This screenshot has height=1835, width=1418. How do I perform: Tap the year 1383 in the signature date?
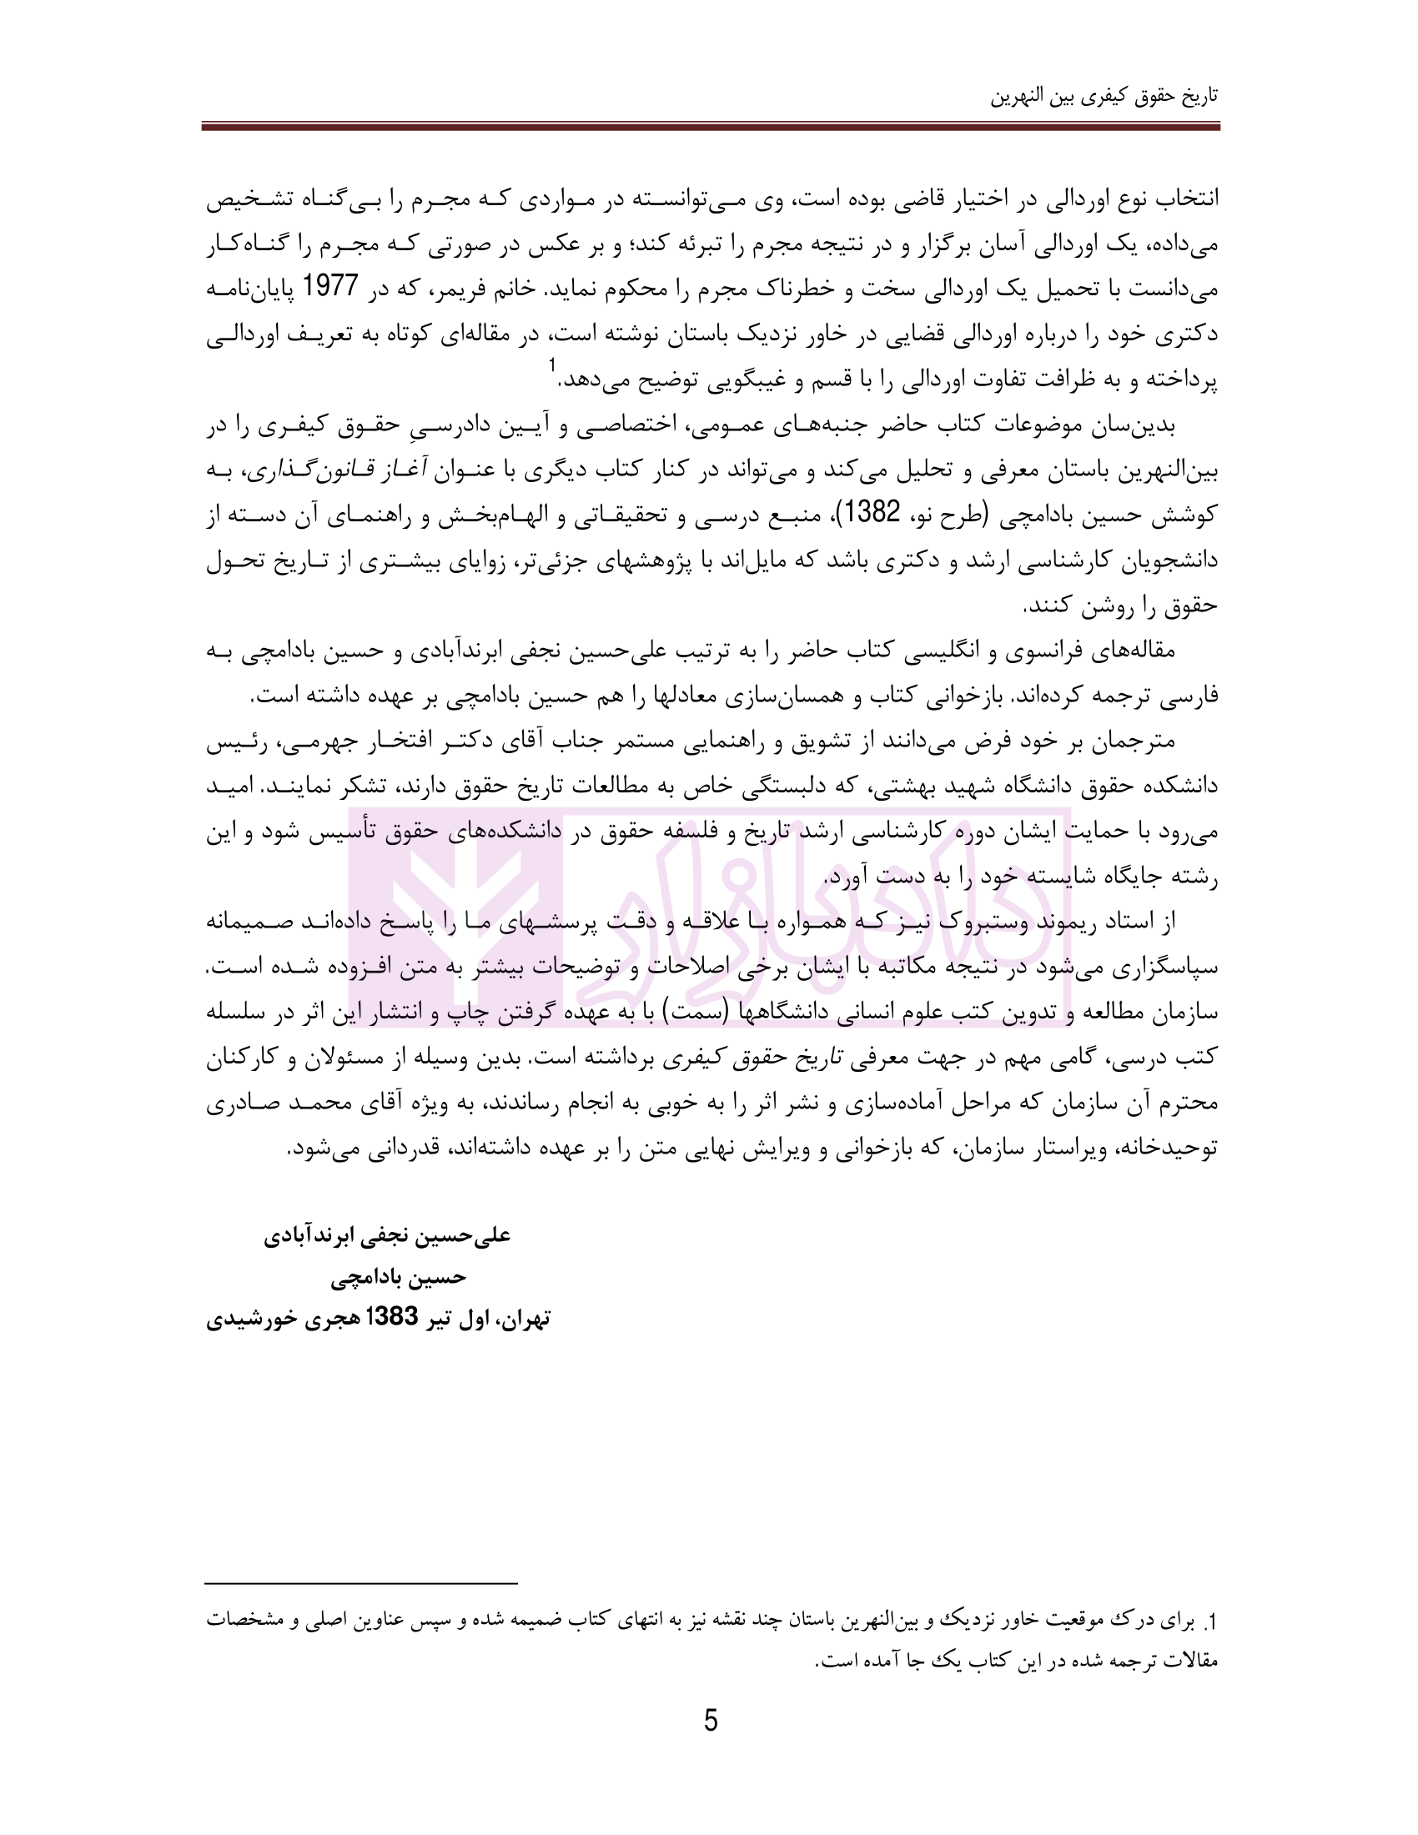393,1317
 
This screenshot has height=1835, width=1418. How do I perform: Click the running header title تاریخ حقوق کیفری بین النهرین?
1104,96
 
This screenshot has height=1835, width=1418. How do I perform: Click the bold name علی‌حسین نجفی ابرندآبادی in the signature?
387,1236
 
